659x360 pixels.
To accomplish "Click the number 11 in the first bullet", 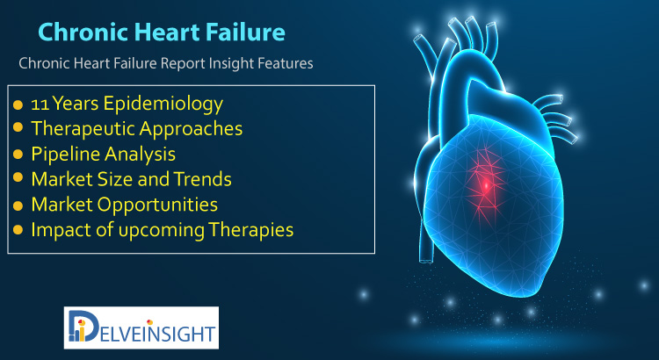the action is pyautogui.click(x=40, y=104).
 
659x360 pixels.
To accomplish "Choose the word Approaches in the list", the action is pyautogui.click(x=191, y=129).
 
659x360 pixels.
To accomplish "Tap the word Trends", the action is pyautogui.click(x=203, y=179).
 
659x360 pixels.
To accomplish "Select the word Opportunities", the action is pyautogui.click(x=157, y=205).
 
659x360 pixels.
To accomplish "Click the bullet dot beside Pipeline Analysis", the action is pyautogui.click(x=18, y=155).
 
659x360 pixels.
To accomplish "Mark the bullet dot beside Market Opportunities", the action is pyautogui.click(x=18, y=205).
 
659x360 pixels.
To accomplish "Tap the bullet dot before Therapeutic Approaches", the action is pyautogui.click(x=18, y=126).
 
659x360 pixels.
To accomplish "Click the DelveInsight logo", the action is pyautogui.click(x=141, y=328).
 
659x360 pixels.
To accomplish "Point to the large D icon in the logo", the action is pyautogui.click(x=81, y=326).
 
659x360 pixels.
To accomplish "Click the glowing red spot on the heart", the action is pyautogui.click(x=486, y=184).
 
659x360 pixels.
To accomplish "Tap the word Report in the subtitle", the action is pyautogui.click(x=183, y=64).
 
